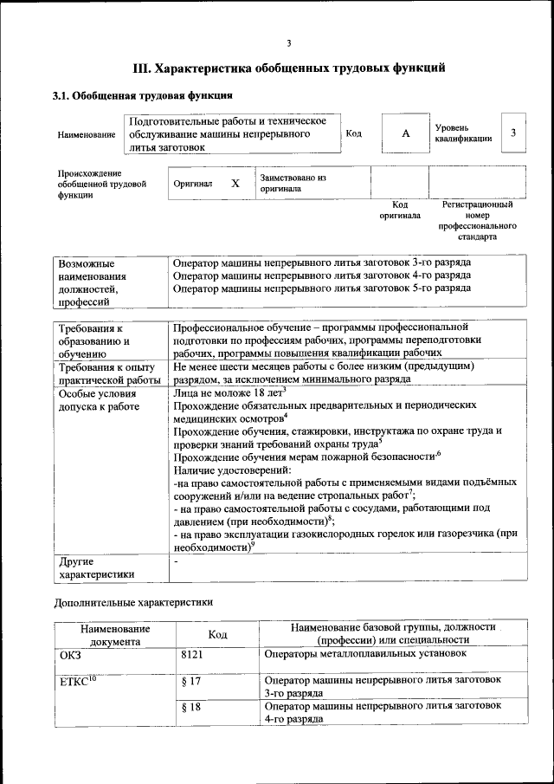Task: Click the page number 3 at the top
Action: point(289,43)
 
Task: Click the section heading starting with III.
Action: point(288,67)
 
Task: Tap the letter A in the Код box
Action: point(404,134)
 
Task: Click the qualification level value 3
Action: point(513,133)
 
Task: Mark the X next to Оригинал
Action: point(235,184)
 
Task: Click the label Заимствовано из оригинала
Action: point(293,182)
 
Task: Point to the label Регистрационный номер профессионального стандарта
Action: point(477,220)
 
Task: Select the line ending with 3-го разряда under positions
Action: point(321,262)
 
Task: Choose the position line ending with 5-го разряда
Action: point(321,288)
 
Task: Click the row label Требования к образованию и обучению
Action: point(95,340)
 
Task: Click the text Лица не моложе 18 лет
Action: point(228,392)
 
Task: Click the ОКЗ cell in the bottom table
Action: point(69,655)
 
